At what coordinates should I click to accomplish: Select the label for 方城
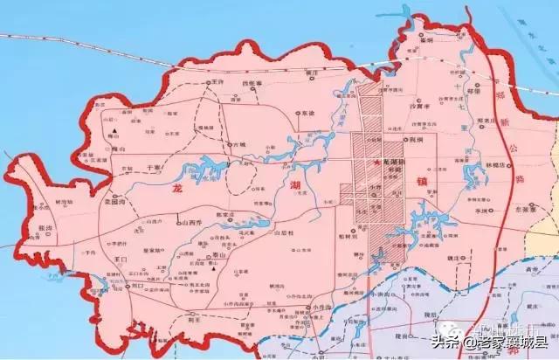click(x=239, y=143)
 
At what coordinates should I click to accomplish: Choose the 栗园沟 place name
click(x=117, y=200)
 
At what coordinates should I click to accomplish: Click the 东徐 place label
click(x=307, y=113)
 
